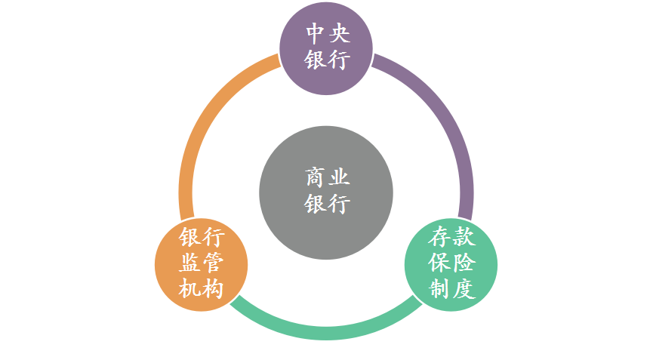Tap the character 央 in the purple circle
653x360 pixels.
(339, 33)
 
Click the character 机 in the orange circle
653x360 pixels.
(190, 288)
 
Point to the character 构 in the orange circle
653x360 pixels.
(214, 288)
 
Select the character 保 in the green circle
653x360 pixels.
(439, 263)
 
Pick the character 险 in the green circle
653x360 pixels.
(464, 263)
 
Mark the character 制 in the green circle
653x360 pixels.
(439, 288)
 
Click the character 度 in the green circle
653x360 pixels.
(464, 288)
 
